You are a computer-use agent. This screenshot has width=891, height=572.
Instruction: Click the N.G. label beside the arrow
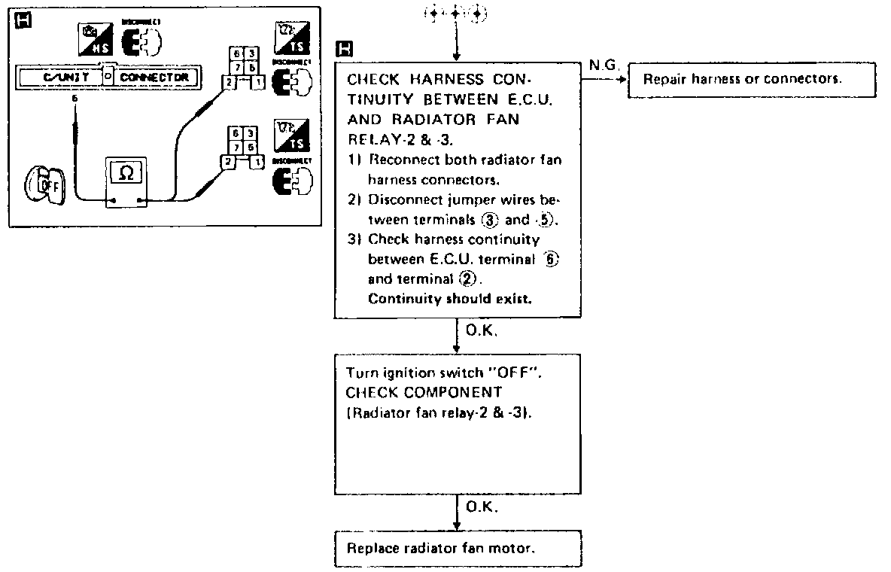(604, 65)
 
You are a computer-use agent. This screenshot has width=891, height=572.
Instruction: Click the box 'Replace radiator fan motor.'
(458, 549)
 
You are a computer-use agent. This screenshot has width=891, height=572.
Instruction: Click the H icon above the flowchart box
(345, 50)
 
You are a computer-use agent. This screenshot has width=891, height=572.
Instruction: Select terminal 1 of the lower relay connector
(258, 161)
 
